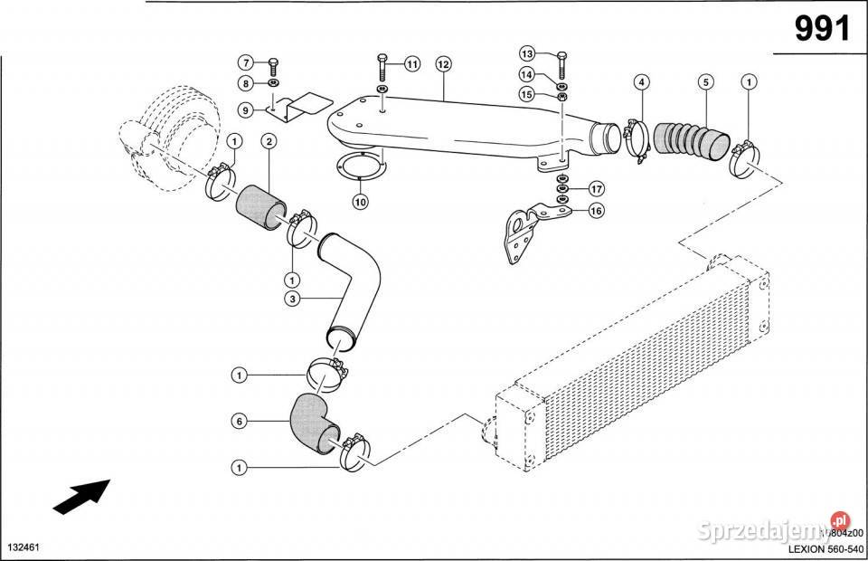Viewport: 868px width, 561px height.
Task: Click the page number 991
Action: click(x=822, y=30)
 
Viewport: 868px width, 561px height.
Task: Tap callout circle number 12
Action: click(x=442, y=64)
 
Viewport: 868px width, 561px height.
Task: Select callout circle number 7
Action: click(x=245, y=62)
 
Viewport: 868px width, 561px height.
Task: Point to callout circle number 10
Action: click(x=360, y=202)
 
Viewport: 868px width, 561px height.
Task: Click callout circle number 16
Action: click(x=596, y=211)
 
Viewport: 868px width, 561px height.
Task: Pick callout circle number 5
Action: click(x=705, y=82)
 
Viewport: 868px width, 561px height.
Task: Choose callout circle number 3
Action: click(x=292, y=299)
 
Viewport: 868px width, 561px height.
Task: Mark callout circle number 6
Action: click(x=239, y=421)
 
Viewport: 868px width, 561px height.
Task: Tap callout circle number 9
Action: click(x=245, y=109)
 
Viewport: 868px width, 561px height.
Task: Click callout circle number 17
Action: click(x=596, y=189)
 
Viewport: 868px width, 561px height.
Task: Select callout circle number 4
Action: click(x=640, y=82)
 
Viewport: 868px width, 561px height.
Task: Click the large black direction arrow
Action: click(x=80, y=496)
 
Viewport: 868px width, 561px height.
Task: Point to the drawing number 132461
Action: click(x=25, y=548)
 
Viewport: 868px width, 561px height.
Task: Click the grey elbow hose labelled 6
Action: click(x=313, y=423)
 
